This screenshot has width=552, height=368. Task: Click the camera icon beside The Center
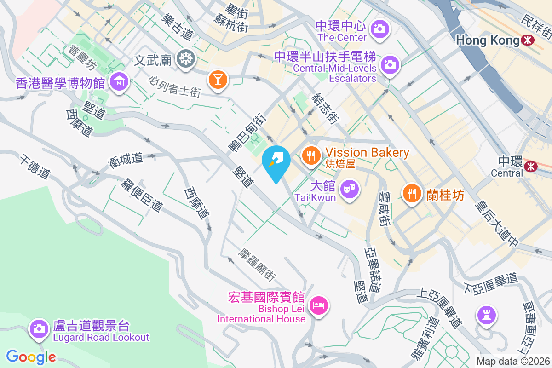click(x=380, y=29)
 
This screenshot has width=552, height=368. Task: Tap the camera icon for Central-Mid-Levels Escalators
click(x=390, y=64)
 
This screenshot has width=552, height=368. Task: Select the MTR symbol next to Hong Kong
click(x=528, y=40)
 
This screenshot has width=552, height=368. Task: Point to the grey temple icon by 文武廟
click(x=187, y=58)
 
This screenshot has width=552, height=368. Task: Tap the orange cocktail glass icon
click(x=218, y=79)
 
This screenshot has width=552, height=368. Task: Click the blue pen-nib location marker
click(x=276, y=161)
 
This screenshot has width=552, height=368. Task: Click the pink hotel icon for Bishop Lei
click(x=318, y=305)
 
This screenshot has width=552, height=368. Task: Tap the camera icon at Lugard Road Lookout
click(x=39, y=328)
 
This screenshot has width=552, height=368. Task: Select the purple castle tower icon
click(x=486, y=315)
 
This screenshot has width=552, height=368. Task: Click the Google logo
click(x=31, y=356)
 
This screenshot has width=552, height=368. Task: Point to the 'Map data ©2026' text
click(x=512, y=362)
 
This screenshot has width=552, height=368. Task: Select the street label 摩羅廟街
click(x=257, y=265)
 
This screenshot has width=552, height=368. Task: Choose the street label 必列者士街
click(x=175, y=86)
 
